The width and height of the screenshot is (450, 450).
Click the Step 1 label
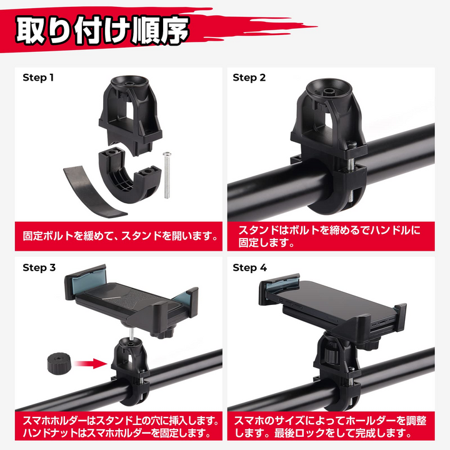pos(39,77)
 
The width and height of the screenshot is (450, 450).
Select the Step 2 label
pos(249,77)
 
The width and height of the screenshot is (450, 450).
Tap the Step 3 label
pos(39,267)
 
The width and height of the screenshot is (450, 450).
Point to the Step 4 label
pos(249,267)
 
